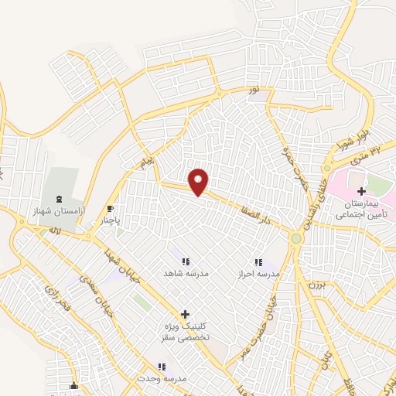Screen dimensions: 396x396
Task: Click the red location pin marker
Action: point(200,182)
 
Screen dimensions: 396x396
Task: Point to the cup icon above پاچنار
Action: point(111,208)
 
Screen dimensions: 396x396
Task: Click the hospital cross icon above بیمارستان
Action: point(361,190)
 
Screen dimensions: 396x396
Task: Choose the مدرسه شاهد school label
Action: point(183,274)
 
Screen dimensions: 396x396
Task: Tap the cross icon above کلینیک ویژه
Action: point(184,314)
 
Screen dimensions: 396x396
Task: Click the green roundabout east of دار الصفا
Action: point(295,238)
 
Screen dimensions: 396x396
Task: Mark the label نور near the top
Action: point(265,91)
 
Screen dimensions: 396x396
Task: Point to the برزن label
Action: point(314,285)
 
